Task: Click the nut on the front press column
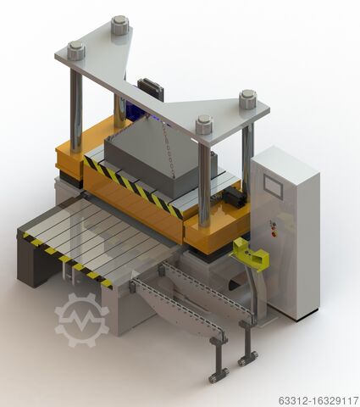(x=204, y=125)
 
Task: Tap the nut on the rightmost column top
(x=247, y=99)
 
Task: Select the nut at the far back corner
(x=120, y=25)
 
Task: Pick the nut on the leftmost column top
(x=76, y=51)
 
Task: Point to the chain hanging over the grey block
(x=168, y=148)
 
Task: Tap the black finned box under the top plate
(x=151, y=89)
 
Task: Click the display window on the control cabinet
(x=274, y=186)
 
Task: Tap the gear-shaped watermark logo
(x=81, y=320)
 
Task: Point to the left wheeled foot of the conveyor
(x=219, y=371)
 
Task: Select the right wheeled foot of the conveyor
(x=247, y=357)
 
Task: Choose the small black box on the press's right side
(x=234, y=197)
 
